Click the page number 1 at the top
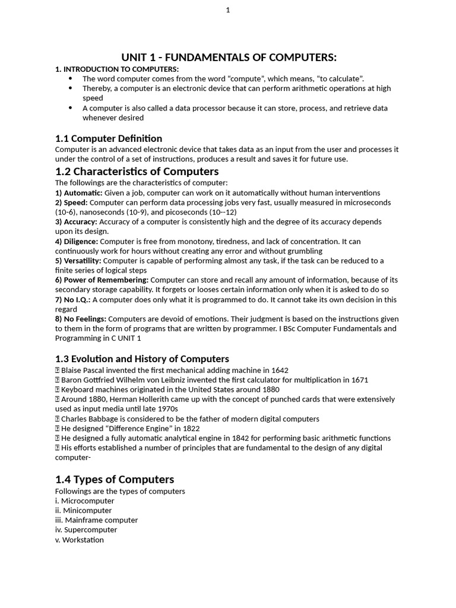tap(228, 10)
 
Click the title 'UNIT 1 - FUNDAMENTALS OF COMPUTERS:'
tap(229, 57)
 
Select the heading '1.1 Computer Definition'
tap(109, 138)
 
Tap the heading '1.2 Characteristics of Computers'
tap(137, 172)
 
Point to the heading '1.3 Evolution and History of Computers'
tap(142, 359)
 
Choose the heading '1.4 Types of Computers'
tap(115, 479)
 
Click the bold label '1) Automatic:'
tap(79, 193)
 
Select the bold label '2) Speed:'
tap(71, 202)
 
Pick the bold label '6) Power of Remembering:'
tap(102, 280)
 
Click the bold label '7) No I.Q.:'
tap(73, 300)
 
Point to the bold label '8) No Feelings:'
tap(81, 319)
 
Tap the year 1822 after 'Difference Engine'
tap(190, 429)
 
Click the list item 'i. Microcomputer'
tap(85, 501)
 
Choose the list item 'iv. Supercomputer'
tap(86, 530)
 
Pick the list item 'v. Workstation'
tap(80, 540)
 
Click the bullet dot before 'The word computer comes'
tap(71, 78)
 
